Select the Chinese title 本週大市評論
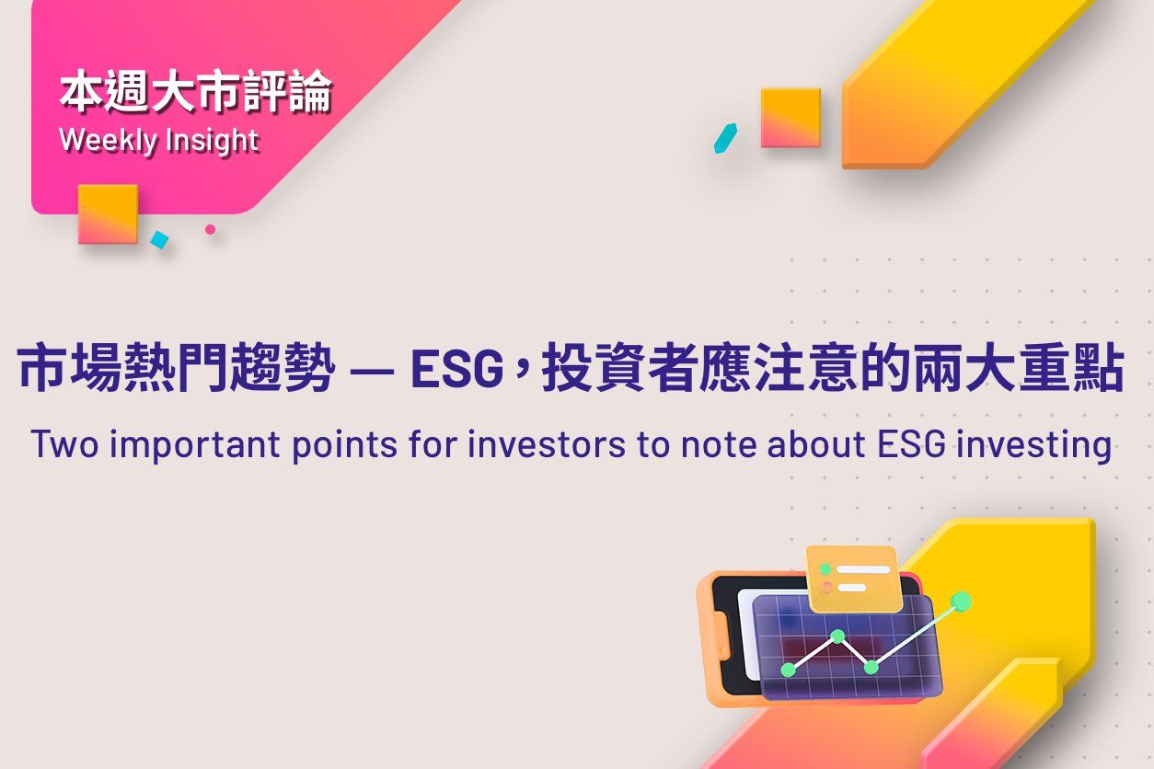(195, 94)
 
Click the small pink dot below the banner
(210, 229)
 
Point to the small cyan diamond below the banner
(159, 240)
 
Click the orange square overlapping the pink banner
(108, 213)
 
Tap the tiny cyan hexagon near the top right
(725, 138)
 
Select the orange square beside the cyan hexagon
(790, 118)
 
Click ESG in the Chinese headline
(457, 371)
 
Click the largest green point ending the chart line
(961, 602)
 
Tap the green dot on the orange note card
(826, 569)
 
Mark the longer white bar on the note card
(863, 569)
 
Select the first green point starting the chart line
(788, 670)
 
